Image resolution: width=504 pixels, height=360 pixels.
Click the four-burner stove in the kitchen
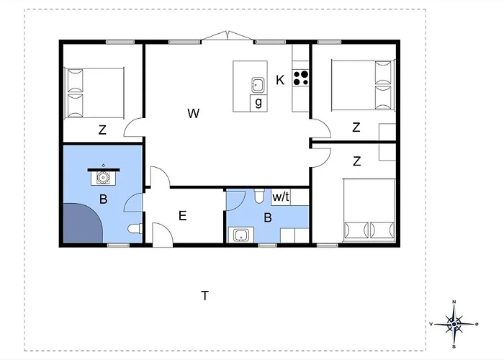click(x=300, y=78)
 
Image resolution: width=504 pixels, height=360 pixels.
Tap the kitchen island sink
click(x=258, y=84)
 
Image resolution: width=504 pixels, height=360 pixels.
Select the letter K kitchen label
click(x=280, y=80)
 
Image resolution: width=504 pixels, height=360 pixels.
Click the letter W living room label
click(x=194, y=113)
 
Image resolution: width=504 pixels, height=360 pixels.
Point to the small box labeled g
click(x=258, y=103)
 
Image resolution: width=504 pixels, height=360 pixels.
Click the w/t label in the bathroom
click(x=281, y=197)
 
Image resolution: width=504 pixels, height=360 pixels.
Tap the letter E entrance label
click(x=183, y=215)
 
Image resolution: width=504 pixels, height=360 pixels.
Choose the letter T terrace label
click(x=204, y=295)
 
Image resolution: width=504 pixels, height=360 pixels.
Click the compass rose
click(x=454, y=324)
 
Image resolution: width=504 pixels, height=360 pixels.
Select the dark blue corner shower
click(x=81, y=224)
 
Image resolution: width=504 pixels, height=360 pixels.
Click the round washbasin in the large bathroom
click(x=103, y=177)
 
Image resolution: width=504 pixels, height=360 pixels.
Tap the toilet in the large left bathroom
click(x=135, y=228)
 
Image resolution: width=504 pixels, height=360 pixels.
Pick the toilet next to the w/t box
click(x=259, y=196)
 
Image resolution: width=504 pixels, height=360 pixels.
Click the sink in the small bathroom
click(x=240, y=235)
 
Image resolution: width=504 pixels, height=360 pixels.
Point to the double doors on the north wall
click(x=228, y=36)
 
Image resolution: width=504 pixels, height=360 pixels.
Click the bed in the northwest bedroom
click(x=94, y=93)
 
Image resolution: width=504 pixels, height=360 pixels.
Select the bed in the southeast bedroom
click(x=369, y=210)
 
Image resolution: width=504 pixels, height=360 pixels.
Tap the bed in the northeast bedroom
click(x=363, y=85)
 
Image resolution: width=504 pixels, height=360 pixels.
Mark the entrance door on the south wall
click(x=162, y=235)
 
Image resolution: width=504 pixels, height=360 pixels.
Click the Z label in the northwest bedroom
click(x=102, y=130)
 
